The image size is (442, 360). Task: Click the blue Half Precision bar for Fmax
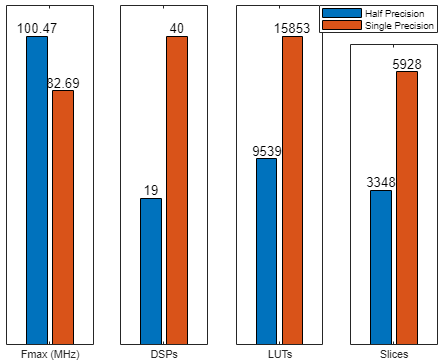tap(37, 189)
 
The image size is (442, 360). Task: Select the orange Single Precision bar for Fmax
tap(63, 216)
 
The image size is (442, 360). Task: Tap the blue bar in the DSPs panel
tap(151, 270)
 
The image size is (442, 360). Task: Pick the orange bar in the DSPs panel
tap(177, 189)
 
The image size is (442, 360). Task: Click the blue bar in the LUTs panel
tap(266, 250)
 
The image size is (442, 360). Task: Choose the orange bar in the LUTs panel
tap(293, 189)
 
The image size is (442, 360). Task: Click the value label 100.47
tap(37, 28)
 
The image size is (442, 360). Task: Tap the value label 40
tap(177, 28)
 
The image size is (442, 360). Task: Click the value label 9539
tap(266, 151)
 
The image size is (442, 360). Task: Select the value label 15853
tap(293, 28)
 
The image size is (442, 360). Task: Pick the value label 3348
tap(381, 182)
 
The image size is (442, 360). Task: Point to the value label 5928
tap(407, 64)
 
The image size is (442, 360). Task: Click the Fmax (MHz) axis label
tap(50, 353)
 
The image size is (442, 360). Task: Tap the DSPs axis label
tap(164, 353)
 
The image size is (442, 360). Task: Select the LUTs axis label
tap(279, 353)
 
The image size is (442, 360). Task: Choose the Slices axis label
tap(394, 353)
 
